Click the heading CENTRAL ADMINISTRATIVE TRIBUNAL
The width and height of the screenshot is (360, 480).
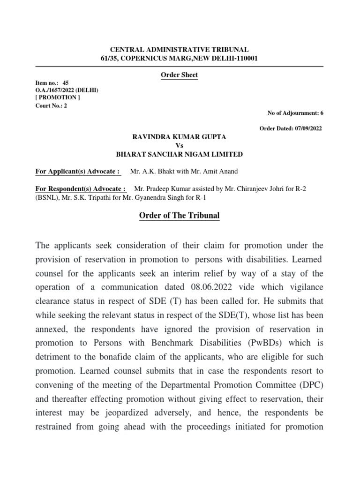tap(180, 49)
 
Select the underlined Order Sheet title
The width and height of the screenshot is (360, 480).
tap(180, 75)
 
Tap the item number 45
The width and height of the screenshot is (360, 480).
tap(66, 82)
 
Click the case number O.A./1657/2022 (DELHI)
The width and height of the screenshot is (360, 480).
tap(67, 90)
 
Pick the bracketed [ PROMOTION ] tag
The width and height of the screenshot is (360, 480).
tap(58, 97)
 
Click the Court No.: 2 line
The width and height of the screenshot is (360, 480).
tap(52, 105)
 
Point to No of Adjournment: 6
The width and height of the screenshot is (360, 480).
tap(295, 113)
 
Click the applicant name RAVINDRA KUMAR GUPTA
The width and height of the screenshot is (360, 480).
tap(180, 136)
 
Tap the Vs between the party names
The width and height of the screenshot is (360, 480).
tap(180, 145)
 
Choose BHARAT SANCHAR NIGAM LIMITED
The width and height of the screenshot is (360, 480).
tap(180, 154)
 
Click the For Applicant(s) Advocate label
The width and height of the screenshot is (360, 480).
tap(78, 171)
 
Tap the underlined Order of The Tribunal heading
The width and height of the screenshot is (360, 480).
tap(180, 216)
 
